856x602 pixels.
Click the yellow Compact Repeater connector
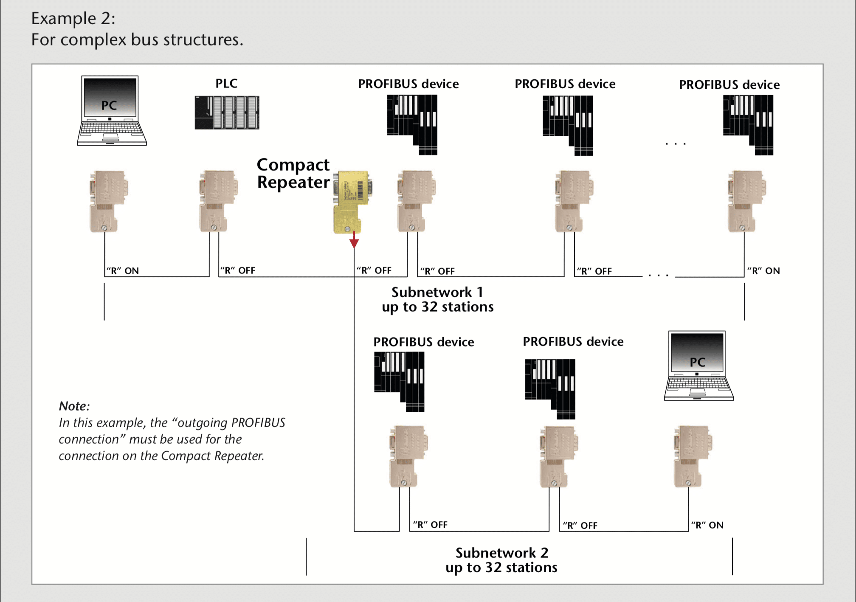tap(352, 202)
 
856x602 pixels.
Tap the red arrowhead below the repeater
tap(354, 243)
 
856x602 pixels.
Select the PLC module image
tap(227, 113)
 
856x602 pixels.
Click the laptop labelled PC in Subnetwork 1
tap(112, 111)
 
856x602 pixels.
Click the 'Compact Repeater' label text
tap(293, 173)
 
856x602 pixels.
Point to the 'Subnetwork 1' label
tap(437, 292)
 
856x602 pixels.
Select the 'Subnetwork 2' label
tap(502, 553)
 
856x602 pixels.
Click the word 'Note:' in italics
tap(74, 406)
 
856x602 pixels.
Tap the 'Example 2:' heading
tap(73, 18)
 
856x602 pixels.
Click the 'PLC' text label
tap(226, 83)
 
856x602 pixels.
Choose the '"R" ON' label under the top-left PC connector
tap(123, 270)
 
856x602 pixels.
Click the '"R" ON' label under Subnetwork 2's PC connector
tap(707, 525)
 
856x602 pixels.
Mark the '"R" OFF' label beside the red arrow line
tap(374, 270)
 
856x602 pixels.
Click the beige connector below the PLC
tap(218, 201)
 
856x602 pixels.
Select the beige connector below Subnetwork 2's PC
tap(693, 456)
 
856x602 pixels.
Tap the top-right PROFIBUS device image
tap(748, 125)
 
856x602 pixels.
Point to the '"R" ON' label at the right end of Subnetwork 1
tap(763, 270)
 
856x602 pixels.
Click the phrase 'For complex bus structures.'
tap(137, 39)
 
